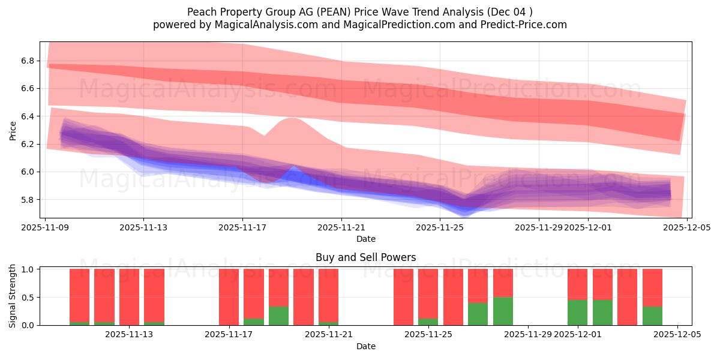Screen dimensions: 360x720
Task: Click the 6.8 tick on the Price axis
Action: click(28, 61)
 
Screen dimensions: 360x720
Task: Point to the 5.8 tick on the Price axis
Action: click(28, 200)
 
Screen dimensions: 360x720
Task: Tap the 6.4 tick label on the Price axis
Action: click(28, 116)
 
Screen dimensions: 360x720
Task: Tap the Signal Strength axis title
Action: click(13, 296)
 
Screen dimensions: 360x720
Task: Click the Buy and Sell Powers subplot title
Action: click(365, 257)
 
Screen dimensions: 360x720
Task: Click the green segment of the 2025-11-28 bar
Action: click(503, 311)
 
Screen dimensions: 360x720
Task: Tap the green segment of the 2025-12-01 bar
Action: click(577, 312)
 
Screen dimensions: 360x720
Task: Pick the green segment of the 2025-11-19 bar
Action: click(278, 316)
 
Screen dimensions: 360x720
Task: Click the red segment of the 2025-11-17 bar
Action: click(229, 296)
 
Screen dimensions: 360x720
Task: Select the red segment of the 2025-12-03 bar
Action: click(627, 296)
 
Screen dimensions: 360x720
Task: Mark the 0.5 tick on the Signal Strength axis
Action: click(28, 298)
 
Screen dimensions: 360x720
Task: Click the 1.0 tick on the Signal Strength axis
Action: click(28, 269)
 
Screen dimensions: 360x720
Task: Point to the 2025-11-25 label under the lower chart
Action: click(428, 335)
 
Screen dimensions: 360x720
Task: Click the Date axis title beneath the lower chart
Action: click(365, 346)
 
